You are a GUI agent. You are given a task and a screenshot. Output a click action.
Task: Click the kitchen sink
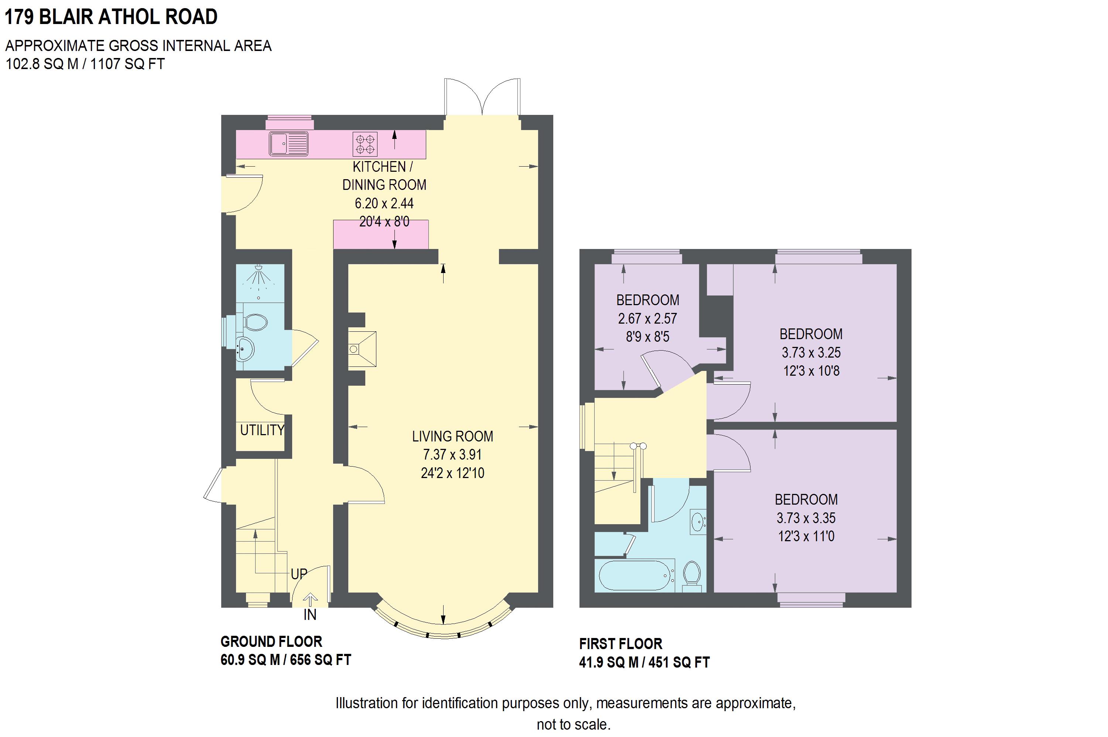tap(288, 143)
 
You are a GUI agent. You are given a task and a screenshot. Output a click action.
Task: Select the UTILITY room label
tap(262, 430)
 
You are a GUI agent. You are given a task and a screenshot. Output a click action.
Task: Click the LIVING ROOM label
tap(452, 436)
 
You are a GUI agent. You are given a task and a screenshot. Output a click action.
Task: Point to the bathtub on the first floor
tap(635, 575)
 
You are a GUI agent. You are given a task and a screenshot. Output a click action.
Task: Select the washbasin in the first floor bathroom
tap(698, 521)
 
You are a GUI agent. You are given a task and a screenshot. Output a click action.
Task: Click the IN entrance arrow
tap(310, 600)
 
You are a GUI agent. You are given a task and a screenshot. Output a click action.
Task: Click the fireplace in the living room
tap(362, 348)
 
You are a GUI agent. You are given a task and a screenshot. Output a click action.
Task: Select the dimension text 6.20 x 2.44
tap(384, 203)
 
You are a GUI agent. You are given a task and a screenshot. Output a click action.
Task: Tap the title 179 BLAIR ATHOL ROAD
tap(111, 17)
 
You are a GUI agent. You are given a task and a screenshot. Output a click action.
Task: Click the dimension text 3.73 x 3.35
tap(806, 518)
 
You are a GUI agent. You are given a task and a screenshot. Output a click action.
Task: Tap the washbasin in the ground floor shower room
tap(245, 349)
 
